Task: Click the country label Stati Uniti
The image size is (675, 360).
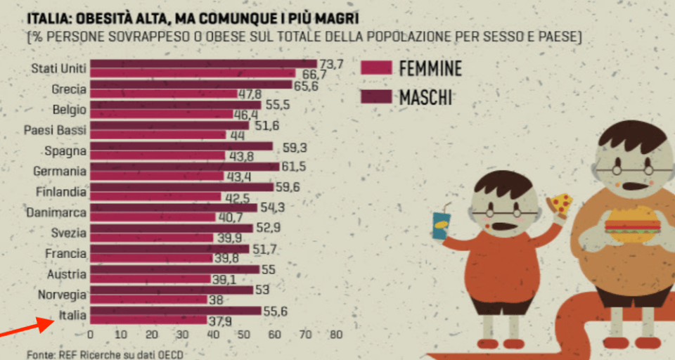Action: pos(59,68)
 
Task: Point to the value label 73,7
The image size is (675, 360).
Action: pos(330,64)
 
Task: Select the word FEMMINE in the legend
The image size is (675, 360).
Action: pos(430,68)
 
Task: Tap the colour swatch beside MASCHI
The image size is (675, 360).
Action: pos(376,97)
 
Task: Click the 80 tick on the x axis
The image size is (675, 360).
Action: pos(335,335)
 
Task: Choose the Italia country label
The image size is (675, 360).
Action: pos(72,316)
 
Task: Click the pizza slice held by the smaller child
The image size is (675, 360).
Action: pos(560,205)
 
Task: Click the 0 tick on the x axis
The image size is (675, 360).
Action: pos(90,335)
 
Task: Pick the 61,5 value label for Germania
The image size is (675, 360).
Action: pos(294,167)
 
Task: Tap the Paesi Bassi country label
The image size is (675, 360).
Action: pos(55,130)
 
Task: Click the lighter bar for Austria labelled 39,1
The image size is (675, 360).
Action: pos(150,279)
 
